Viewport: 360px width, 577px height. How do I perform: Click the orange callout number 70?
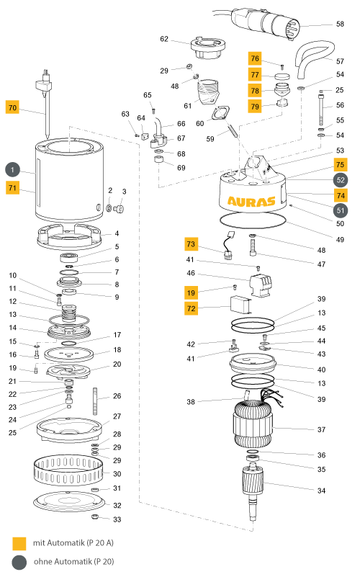(x=12, y=107)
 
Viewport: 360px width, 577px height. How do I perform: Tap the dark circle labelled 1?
(x=12, y=169)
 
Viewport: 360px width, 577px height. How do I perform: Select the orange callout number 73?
(x=191, y=244)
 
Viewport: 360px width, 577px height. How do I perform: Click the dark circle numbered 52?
(x=341, y=180)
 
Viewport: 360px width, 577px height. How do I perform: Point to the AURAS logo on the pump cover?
(x=251, y=201)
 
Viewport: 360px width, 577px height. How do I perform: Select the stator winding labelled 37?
(x=253, y=424)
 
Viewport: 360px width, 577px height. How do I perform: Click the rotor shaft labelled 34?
(x=253, y=493)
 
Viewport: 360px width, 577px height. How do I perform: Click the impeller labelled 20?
(x=68, y=370)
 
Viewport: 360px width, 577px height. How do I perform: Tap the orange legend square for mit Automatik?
(x=19, y=543)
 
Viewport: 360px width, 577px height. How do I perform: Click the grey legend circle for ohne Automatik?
(x=19, y=563)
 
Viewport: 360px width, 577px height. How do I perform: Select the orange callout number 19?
(x=191, y=293)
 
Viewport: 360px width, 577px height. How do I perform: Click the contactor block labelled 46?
(x=261, y=285)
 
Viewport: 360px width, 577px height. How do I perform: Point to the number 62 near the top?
(x=164, y=39)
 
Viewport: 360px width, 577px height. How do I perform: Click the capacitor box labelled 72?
(x=241, y=305)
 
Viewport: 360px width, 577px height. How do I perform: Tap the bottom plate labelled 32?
(x=69, y=501)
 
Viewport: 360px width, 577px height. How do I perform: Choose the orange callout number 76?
(x=255, y=58)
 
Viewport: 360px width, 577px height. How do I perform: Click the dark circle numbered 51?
(x=341, y=211)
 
